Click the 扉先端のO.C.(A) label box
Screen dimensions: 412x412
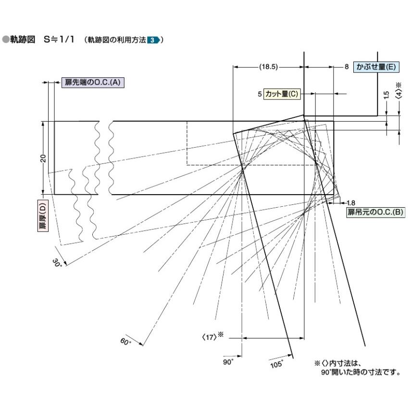(93, 83)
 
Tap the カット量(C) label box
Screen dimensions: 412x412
(281, 94)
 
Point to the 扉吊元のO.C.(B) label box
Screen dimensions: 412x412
(375, 212)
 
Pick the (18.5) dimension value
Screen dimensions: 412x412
(268, 67)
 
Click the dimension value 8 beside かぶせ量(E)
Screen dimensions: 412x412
(346, 67)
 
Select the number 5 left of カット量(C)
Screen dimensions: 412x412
(260, 94)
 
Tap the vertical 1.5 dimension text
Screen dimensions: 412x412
(387, 95)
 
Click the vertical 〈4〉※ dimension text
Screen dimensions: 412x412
(399, 91)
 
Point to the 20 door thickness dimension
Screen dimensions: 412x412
(43, 158)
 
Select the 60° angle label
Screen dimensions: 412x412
(125, 342)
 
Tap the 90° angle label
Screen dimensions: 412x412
(228, 362)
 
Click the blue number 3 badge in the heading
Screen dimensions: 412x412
(151, 40)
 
